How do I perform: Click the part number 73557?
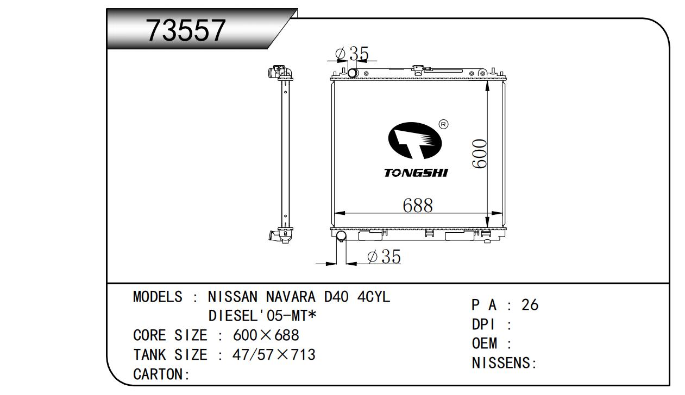pos(186,30)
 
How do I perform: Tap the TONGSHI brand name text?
pos(416,173)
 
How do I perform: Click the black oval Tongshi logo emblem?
pos(415,141)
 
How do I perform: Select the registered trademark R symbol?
pos(443,124)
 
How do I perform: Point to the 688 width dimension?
pos(418,205)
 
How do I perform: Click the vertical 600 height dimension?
pos(479,154)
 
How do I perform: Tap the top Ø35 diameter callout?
pos(353,54)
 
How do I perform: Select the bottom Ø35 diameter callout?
pos(384,256)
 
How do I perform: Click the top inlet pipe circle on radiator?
pos(353,73)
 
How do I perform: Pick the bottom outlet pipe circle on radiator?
pos(341,235)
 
